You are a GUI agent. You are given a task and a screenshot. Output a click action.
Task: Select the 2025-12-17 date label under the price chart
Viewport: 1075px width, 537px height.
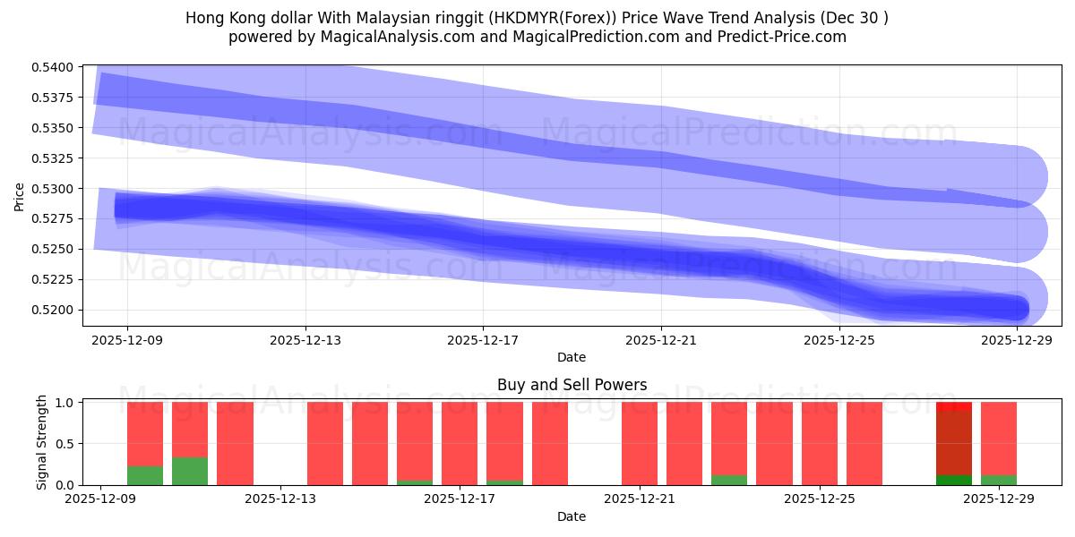tap(483, 340)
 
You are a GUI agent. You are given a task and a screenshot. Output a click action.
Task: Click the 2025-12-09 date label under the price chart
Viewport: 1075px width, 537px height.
tap(127, 340)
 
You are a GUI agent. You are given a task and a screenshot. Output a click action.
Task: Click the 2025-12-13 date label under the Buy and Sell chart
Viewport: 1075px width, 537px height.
tap(281, 499)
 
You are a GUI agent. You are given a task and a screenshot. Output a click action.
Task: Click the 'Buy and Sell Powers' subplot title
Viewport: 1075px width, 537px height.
tap(572, 386)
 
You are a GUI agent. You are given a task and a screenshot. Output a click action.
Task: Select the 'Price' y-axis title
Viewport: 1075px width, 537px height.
tap(20, 196)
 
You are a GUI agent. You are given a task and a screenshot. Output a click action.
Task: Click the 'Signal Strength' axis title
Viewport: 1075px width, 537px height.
tap(42, 442)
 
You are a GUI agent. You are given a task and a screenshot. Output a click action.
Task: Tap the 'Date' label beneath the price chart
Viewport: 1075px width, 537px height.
tap(572, 357)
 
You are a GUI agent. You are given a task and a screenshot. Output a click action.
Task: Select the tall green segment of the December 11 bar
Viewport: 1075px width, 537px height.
tap(190, 472)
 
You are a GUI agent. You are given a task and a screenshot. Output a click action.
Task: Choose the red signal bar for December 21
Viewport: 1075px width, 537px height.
tap(640, 443)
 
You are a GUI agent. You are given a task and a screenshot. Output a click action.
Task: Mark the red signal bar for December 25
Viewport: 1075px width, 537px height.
tap(820, 443)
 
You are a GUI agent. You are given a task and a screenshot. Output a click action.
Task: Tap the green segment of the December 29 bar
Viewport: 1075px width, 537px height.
tap(999, 480)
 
